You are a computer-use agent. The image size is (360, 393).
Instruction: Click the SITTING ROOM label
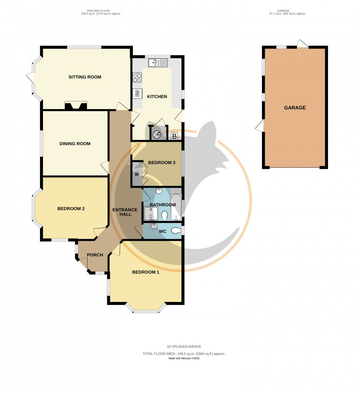(84, 77)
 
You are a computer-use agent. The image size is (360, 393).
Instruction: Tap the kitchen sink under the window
(158, 63)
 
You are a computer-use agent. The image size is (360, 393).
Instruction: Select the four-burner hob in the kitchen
(137, 77)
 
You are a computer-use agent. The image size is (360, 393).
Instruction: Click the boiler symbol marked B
(174, 136)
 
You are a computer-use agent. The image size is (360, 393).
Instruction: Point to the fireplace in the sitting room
(76, 106)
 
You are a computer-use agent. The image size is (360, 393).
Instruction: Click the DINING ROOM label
(75, 144)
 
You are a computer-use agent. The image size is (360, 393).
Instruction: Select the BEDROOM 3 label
(162, 163)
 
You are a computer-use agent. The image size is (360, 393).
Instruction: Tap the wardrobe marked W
(137, 174)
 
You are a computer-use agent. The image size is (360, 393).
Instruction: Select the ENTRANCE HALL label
(125, 212)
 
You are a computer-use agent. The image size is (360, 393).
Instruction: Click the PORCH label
(94, 255)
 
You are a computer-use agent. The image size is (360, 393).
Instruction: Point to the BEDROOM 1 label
(146, 272)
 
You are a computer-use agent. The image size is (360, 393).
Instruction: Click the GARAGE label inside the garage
(295, 108)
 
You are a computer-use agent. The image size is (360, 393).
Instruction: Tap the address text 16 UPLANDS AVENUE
(184, 346)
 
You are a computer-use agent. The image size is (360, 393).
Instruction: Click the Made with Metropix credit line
(184, 358)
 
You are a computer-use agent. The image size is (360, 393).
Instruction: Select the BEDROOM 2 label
(71, 209)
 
